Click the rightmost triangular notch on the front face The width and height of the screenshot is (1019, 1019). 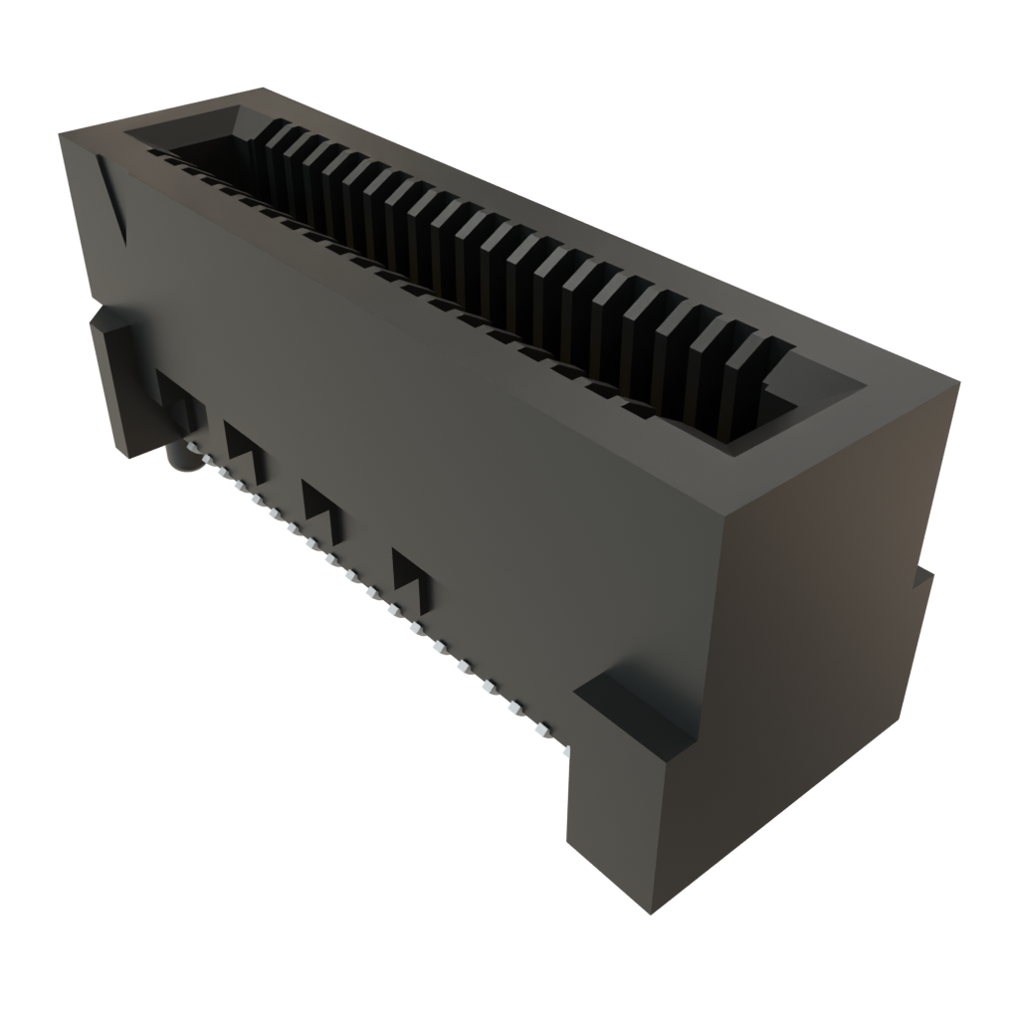pos(412,576)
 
